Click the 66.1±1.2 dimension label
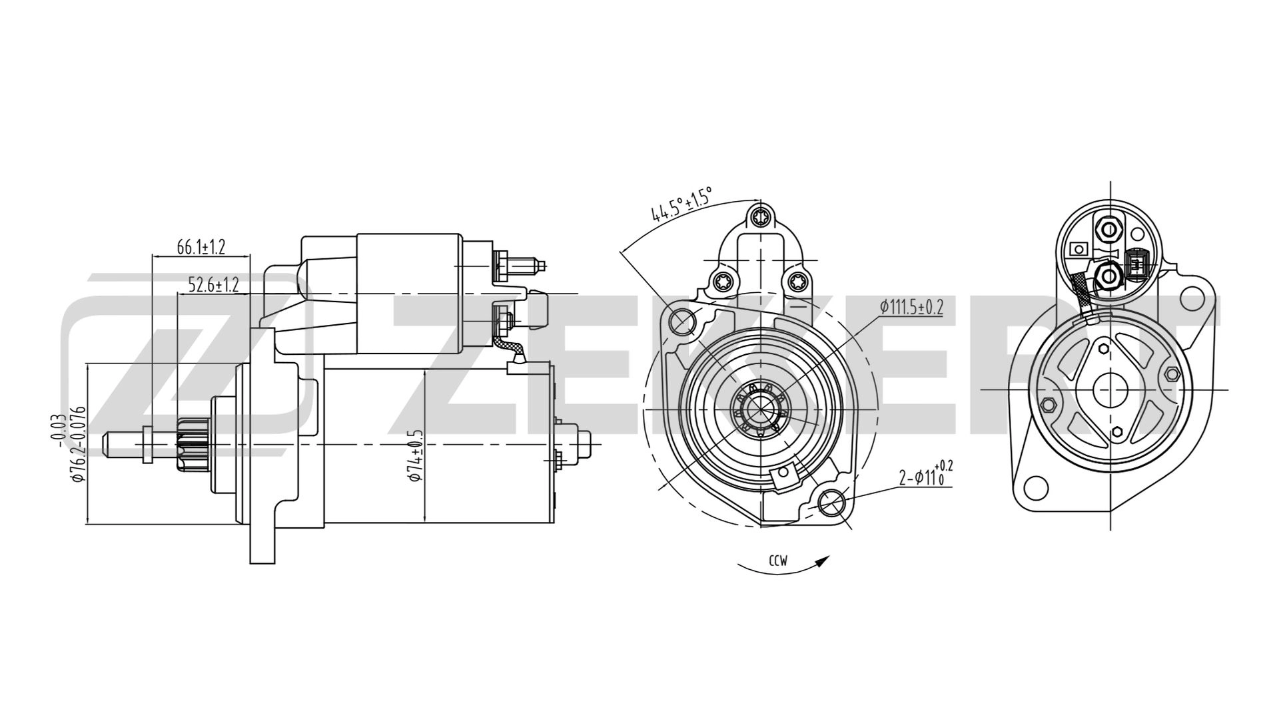point(201,248)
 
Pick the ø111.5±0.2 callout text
point(911,307)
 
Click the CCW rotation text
point(778,561)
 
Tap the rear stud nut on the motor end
point(584,443)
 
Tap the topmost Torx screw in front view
point(760,217)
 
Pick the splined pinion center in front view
point(759,407)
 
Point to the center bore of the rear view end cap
point(1110,389)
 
